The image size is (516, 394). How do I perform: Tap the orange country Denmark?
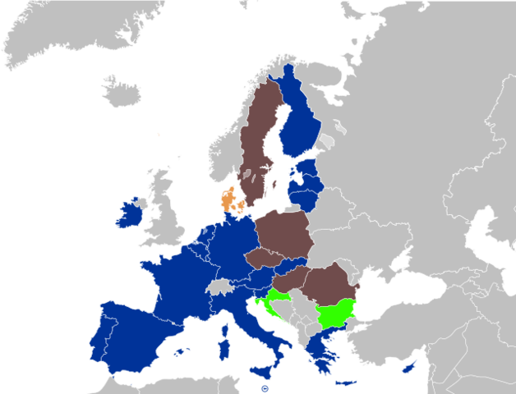228,199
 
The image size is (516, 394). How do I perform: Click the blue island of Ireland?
130,214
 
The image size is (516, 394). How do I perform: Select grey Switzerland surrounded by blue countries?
220,286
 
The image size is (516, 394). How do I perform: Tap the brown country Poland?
283,233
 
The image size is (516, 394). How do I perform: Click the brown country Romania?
329,283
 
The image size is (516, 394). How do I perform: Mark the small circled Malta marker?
264,388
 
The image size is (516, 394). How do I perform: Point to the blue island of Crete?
346,383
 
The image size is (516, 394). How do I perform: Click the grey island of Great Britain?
164,213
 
